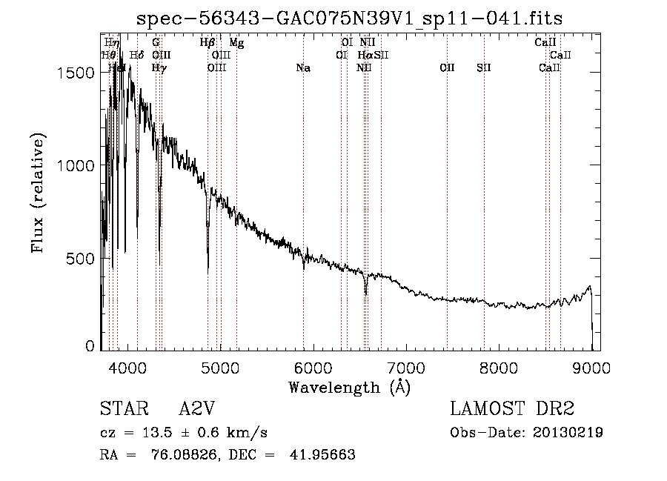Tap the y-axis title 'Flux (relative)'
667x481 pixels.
click(38, 193)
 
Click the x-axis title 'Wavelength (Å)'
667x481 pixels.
click(349, 387)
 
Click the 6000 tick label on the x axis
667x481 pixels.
click(314, 367)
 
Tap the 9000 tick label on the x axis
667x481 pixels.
click(592, 367)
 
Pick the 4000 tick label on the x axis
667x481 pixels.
click(129, 367)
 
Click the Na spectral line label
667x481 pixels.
click(302, 68)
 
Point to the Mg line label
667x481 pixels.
click(236, 43)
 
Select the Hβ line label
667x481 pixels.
click(208, 43)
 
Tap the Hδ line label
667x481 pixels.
click(136, 56)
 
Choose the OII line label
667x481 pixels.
click(447, 68)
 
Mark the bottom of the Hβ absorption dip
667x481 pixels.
click(208, 268)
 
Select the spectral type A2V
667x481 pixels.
click(196, 409)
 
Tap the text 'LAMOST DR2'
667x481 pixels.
click(512, 409)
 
